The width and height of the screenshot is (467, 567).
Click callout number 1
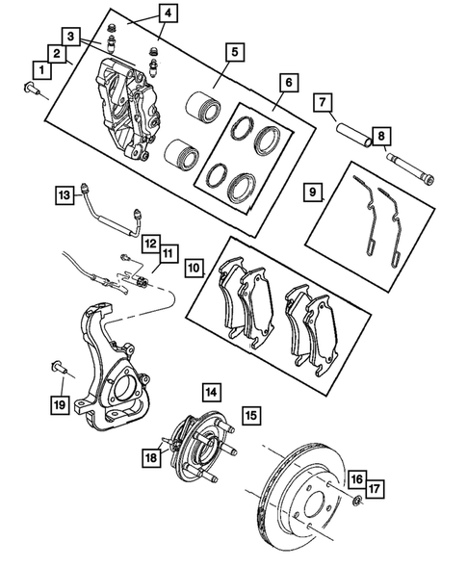pos(42,69)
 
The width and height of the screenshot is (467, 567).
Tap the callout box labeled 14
pos(210,392)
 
